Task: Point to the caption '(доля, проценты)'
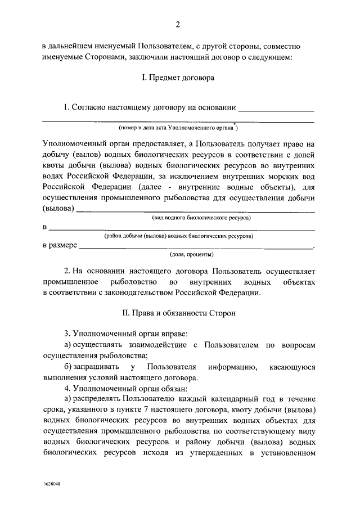178,254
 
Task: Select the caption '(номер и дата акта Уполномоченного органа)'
179,128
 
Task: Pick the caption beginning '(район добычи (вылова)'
179,236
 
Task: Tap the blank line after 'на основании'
276,108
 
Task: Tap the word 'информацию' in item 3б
228,367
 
